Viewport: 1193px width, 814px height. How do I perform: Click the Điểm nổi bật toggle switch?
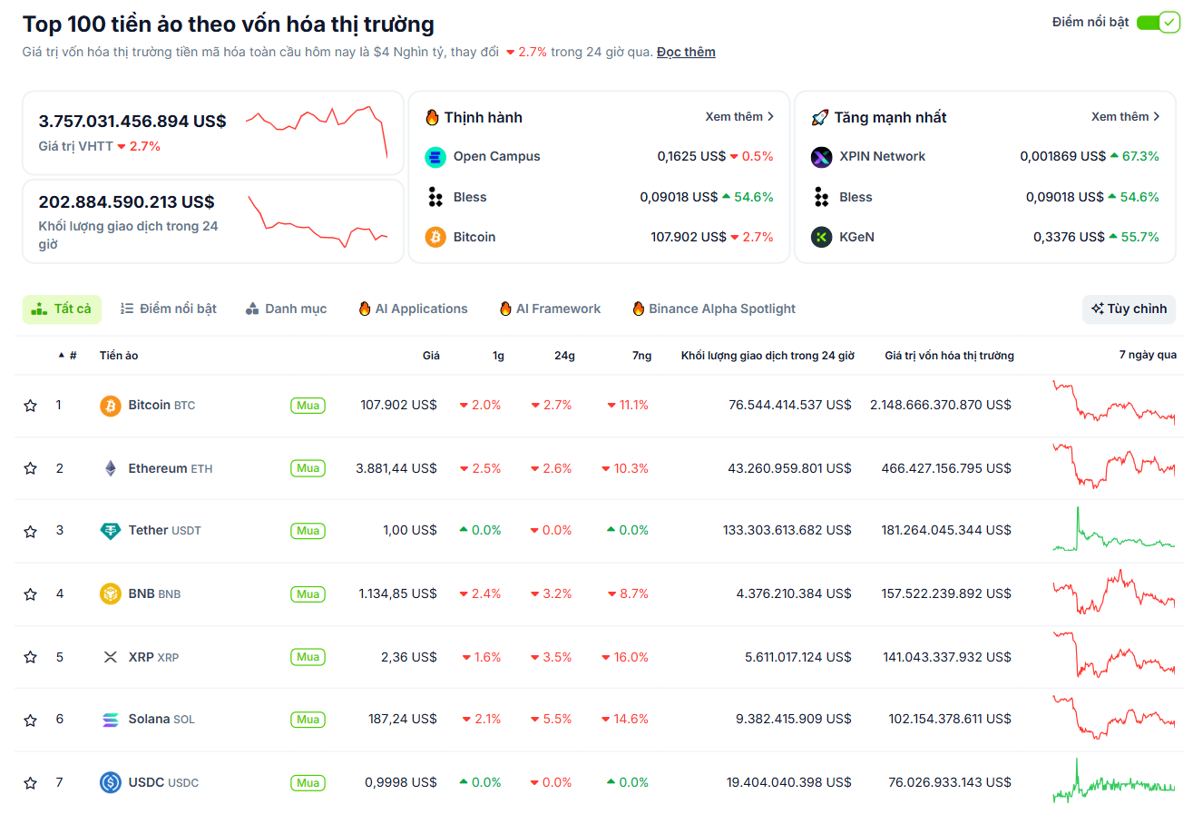(x=1157, y=23)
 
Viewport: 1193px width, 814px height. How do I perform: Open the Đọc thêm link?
(x=686, y=52)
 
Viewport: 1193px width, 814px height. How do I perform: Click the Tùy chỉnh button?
(x=1129, y=309)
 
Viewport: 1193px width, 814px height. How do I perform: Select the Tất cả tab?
(x=62, y=309)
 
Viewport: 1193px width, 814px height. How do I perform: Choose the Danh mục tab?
(x=286, y=309)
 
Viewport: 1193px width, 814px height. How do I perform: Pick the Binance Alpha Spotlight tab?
(x=714, y=309)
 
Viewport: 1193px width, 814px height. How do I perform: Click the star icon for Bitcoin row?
(x=30, y=406)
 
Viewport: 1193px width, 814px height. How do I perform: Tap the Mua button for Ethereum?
(x=308, y=468)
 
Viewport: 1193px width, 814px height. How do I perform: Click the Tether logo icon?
(x=110, y=531)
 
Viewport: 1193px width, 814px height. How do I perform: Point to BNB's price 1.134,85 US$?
(x=397, y=593)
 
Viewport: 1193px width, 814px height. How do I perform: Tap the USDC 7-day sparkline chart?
(x=1113, y=782)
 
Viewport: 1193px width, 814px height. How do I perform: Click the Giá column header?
(x=431, y=356)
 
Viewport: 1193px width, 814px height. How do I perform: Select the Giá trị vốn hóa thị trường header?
(x=949, y=356)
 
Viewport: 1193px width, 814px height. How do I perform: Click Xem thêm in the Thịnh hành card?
(x=739, y=117)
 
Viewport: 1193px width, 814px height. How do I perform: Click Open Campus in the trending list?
(x=496, y=156)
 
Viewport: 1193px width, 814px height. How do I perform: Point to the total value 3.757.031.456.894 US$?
(x=132, y=122)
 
